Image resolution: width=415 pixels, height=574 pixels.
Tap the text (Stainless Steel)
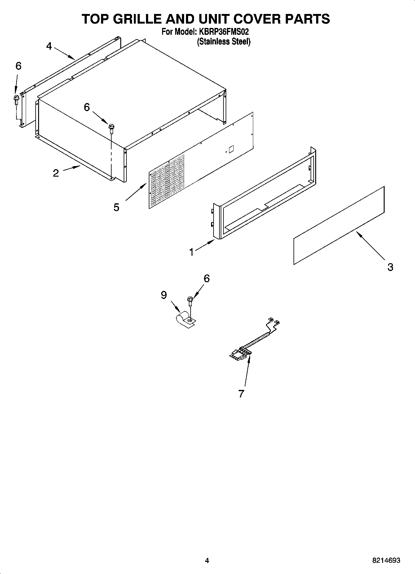click(x=224, y=42)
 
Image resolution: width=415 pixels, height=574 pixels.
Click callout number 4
click(x=49, y=46)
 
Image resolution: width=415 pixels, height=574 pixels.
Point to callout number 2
click(x=56, y=173)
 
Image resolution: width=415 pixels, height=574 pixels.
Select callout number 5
click(x=116, y=207)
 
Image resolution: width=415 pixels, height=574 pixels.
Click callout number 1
click(x=192, y=252)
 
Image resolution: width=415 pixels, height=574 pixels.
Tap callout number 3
click(x=390, y=267)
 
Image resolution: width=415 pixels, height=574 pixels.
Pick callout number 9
click(x=164, y=295)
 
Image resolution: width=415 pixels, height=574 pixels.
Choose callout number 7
click(x=241, y=393)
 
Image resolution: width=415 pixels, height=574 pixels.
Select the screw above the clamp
click(x=190, y=300)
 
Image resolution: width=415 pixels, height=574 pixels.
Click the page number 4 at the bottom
click(x=207, y=560)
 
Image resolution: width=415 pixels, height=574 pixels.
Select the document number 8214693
click(x=386, y=560)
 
